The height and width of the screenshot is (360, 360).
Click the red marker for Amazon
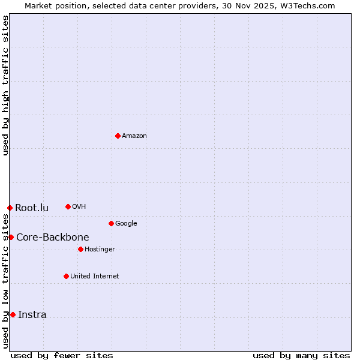pyautogui.click(x=118, y=136)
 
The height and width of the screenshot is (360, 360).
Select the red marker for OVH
pyautogui.click(x=68, y=206)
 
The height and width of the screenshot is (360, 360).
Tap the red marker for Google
pyautogui.click(x=111, y=223)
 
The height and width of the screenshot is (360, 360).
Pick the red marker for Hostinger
pyautogui.click(x=80, y=249)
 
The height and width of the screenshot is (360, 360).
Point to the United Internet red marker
pyautogui.click(x=66, y=276)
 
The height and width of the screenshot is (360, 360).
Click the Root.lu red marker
pyautogui.click(x=10, y=208)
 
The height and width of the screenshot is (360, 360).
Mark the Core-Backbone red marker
pyautogui.click(x=11, y=237)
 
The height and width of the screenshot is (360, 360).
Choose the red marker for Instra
pyautogui.click(x=13, y=314)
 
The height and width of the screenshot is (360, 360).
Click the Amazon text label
pyautogui.click(x=134, y=136)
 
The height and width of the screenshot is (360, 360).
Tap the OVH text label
pyautogui.click(x=79, y=207)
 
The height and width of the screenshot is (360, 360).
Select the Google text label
pyautogui.click(x=126, y=224)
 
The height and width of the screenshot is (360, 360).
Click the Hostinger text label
pyautogui.click(x=100, y=250)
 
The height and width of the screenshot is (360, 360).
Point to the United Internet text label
pyautogui.click(x=95, y=277)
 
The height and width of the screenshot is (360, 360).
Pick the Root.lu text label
pyautogui.click(x=32, y=208)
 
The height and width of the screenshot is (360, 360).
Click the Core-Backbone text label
pyautogui.click(x=53, y=238)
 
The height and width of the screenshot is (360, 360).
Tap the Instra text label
pyautogui.click(x=32, y=315)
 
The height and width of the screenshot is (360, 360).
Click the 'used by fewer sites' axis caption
pyautogui.click(x=62, y=355)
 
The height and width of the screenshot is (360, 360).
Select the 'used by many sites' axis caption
pyautogui.click(x=301, y=355)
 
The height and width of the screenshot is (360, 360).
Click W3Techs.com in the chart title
pyautogui.click(x=306, y=6)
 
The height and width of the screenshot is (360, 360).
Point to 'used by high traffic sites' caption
pyautogui.click(x=6, y=85)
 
